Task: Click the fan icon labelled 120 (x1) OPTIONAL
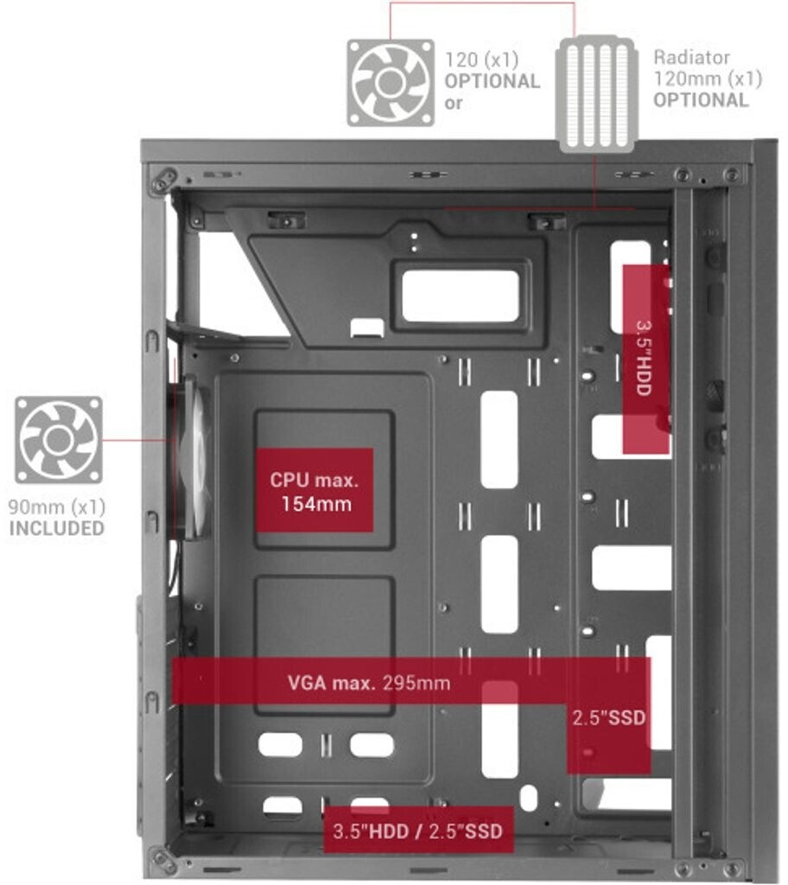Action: pos(391,82)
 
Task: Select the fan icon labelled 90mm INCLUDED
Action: pos(58,440)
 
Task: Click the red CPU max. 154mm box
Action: pos(314,490)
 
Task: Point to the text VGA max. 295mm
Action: pos(369,683)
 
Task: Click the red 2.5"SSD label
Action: pos(608,718)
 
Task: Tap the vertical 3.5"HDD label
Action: pos(645,358)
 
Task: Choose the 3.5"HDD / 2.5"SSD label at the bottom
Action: pos(417,831)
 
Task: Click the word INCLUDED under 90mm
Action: pos(56,528)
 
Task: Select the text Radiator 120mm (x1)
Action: pos(708,68)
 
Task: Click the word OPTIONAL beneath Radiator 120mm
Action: pos(700,99)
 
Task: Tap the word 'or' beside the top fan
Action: pos(454,102)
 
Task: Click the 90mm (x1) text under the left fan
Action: pos(56,507)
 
